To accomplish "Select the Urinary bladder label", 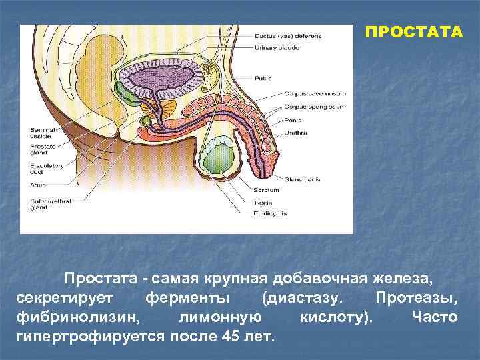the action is tap(277, 47).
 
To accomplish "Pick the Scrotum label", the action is tap(266, 190).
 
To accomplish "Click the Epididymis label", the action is tap(269, 213).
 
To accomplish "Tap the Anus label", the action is tap(37, 184).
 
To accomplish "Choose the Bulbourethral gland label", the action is tap(47, 203).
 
